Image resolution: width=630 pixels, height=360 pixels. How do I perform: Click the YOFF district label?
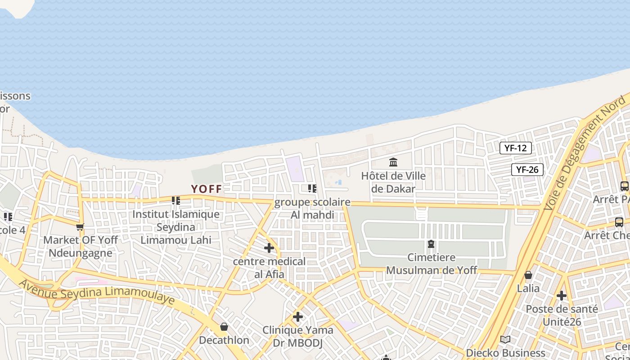(207, 189)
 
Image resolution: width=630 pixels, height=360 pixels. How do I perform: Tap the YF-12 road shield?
(515, 148)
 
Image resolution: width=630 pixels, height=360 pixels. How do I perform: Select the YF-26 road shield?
(527, 170)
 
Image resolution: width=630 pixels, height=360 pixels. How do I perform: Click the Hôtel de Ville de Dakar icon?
(393, 162)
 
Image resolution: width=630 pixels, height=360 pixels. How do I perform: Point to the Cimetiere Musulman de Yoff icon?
(431, 244)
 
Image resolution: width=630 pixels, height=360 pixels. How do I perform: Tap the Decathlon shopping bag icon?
(224, 327)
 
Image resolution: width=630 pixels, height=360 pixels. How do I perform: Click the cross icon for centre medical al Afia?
(269, 248)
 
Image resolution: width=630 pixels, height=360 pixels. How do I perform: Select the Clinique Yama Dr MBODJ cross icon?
(297, 317)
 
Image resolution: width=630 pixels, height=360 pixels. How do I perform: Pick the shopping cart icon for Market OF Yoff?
(80, 227)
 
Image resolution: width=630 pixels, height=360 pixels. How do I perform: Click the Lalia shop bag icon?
(528, 275)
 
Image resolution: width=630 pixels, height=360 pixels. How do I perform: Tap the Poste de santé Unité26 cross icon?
(562, 296)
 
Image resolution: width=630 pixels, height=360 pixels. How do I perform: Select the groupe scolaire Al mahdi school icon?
(312, 189)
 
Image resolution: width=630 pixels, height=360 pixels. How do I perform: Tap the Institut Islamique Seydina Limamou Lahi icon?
(176, 200)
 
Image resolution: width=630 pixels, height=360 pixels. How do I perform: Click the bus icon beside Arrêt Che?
(619, 222)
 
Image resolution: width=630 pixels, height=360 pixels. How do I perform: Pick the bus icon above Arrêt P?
(624, 186)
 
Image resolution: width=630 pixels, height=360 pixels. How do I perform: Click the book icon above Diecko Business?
(505, 340)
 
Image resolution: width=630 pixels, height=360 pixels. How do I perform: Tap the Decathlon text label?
(224, 340)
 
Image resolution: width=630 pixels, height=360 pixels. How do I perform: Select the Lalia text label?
(528, 288)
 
